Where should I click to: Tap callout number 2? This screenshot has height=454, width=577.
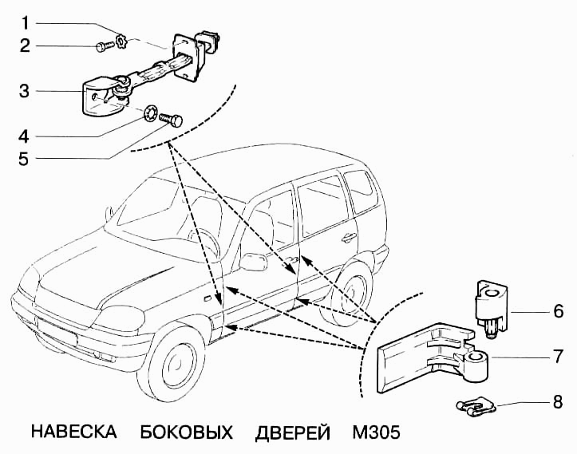click(x=25, y=45)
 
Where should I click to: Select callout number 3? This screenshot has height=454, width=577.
click(x=25, y=91)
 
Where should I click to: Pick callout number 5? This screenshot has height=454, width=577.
click(x=25, y=158)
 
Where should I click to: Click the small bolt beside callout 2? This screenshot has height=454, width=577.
click(x=104, y=47)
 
